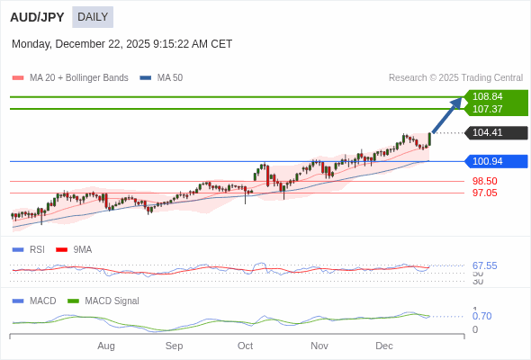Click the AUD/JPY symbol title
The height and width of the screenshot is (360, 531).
tap(37, 17)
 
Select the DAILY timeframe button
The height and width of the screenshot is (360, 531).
tap(93, 17)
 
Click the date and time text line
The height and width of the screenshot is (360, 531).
tap(121, 44)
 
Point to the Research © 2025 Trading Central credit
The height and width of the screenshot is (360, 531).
tap(455, 78)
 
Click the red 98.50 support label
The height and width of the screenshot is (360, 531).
tap(485, 181)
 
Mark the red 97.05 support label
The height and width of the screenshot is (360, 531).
tap(485, 193)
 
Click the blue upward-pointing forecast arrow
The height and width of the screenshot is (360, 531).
tap(447, 114)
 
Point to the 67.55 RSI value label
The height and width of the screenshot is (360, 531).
tap(484, 265)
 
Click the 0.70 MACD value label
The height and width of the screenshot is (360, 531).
tap(481, 316)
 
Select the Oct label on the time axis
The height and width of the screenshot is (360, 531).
tap(245, 346)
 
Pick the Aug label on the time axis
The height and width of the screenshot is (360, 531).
tap(106, 346)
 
